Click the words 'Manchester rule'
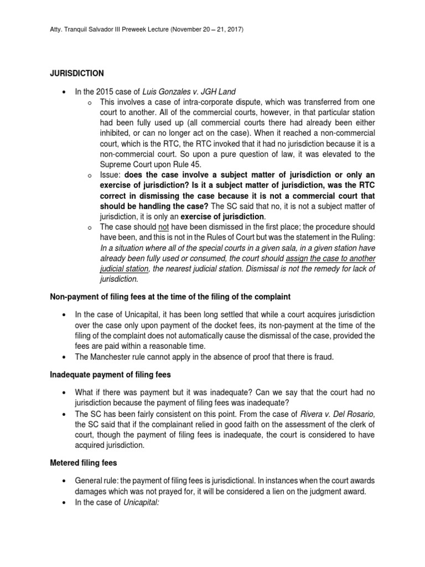125,357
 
